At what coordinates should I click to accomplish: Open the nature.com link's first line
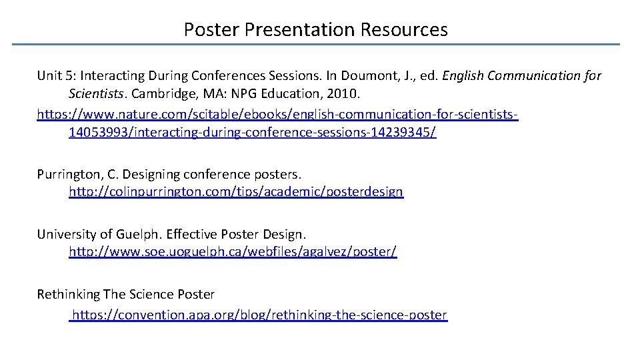point(277,115)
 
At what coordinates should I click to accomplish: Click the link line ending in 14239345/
point(252,133)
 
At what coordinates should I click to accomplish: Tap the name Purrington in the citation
point(69,175)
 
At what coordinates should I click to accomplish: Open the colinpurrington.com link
point(236,192)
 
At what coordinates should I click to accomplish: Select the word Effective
point(191,235)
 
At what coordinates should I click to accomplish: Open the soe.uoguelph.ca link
point(233,253)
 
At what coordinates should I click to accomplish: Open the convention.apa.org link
point(259,315)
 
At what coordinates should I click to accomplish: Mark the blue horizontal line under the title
point(316,45)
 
